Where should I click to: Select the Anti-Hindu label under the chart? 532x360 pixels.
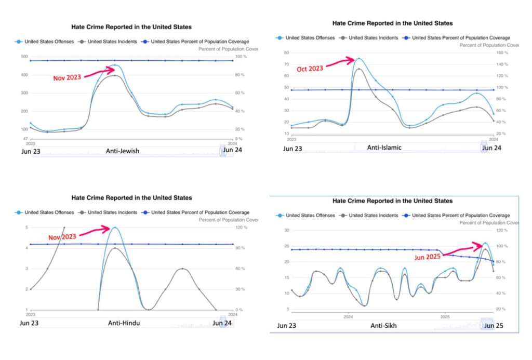pos(124,323)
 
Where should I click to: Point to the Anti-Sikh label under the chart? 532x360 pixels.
pos(385,326)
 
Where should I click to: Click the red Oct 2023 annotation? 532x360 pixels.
pos(310,69)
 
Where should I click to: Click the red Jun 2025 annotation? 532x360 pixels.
pos(428,257)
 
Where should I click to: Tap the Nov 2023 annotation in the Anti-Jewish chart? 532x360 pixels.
pos(67,78)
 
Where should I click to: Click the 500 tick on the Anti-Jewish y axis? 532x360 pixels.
pos(24,57)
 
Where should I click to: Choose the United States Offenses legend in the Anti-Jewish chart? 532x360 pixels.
pos(54,41)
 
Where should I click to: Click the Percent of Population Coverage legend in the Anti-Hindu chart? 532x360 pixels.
pos(200,212)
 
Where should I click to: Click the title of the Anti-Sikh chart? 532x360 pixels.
pos(392,201)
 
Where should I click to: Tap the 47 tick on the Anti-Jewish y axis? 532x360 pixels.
pos(24,139)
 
